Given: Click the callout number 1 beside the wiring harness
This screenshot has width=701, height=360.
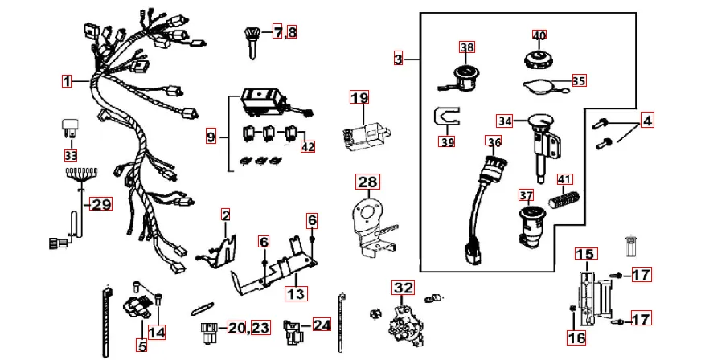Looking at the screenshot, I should click(68, 80).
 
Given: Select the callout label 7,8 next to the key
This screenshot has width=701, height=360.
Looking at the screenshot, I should click(285, 32).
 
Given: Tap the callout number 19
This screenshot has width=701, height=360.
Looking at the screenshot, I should click(359, 98).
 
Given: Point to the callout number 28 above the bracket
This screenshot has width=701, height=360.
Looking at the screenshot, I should click(367, 182).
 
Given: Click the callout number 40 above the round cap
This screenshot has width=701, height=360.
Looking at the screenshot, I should click(539, 35).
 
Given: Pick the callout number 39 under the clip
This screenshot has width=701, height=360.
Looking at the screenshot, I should click(447, 141).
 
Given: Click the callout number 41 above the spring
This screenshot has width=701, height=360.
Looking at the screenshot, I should click(566, 179).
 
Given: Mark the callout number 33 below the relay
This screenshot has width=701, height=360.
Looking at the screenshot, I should click(72, 154).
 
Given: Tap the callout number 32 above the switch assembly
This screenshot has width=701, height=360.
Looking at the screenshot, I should click(402, 287).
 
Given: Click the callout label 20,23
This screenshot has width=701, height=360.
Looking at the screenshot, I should click(248, 327).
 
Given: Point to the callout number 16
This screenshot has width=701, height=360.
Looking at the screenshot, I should click(576, 338).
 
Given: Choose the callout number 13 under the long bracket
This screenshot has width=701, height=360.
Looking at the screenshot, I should click(297, 293).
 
